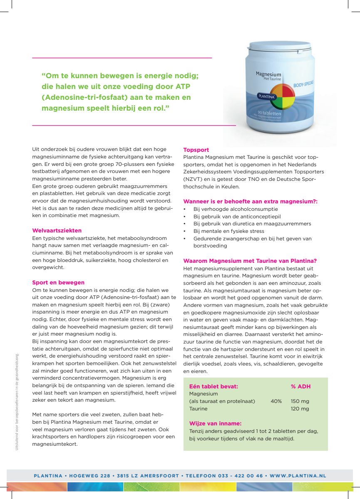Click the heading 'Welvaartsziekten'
(x=57, y=230)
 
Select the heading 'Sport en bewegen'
(x=58, y=282)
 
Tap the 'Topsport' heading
(x=196, y=150)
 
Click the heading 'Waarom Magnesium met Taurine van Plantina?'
(x=250, y=261)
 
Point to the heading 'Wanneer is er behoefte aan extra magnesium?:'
(x=250, y=201)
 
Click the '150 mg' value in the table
(x=300, y=401)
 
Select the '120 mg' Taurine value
(x=300, y=409)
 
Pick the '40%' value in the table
(x=276, y=401)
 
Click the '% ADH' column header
(x=300, y=386)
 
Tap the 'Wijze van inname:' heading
(x=215, y=424)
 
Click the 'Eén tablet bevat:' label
(x=214, y=386)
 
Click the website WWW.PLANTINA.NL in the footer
(x=298, y=476)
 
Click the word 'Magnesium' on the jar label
(x=268, y=74)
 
